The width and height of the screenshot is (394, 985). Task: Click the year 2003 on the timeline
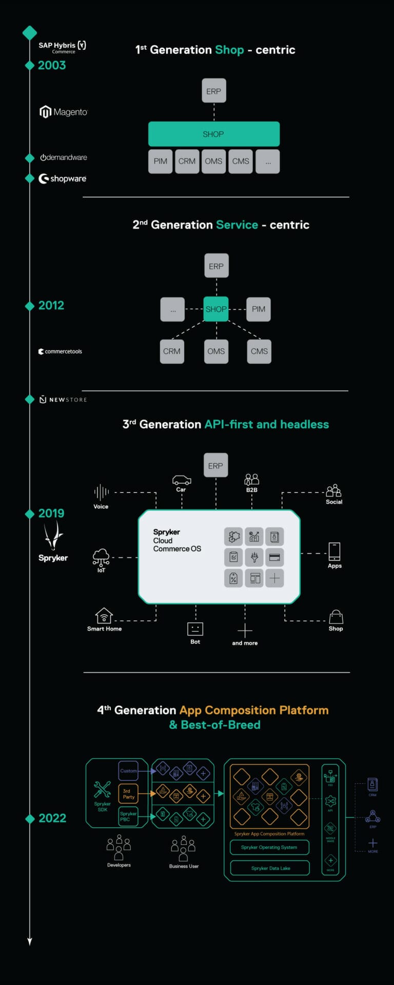(51, 65)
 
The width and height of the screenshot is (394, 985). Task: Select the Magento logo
(64, 111)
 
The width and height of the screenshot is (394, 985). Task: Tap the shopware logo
(63, 179)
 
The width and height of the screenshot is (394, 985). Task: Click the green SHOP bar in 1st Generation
(213, 134)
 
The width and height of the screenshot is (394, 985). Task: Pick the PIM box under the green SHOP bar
(160, 161)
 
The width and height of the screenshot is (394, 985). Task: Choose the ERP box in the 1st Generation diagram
(213, 91)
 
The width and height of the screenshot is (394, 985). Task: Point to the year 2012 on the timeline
(51, 305)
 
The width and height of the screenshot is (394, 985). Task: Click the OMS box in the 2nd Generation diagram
(216, 351)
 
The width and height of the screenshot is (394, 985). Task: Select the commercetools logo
(60, 351)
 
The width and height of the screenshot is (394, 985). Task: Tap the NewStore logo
(63, 399)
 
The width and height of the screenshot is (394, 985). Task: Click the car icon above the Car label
(181, 480)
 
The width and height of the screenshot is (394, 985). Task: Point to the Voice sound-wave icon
(101, 493)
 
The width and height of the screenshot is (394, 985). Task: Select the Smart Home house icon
(104, 615)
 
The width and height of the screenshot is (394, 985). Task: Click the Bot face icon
(195, 628)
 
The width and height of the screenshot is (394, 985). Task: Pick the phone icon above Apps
(334, 551)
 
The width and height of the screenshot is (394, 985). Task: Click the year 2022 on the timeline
(52, 818)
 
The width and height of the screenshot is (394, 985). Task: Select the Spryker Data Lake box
(270, 868)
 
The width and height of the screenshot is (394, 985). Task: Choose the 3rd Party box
(128, 794)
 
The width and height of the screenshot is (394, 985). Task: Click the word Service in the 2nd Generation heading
(237, 225)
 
